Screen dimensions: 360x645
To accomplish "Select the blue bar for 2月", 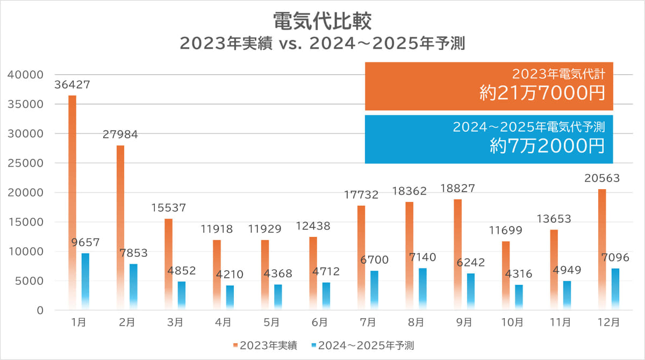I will (133, 287).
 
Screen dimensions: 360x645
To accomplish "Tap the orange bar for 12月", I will (602, 249).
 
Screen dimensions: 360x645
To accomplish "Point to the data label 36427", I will (72, 85).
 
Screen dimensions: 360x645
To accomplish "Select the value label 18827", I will (458, 189).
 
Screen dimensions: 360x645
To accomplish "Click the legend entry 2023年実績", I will (267, 344).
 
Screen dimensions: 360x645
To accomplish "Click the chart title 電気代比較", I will (322, 22).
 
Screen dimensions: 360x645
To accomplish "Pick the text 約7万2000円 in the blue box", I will (547, 146).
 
